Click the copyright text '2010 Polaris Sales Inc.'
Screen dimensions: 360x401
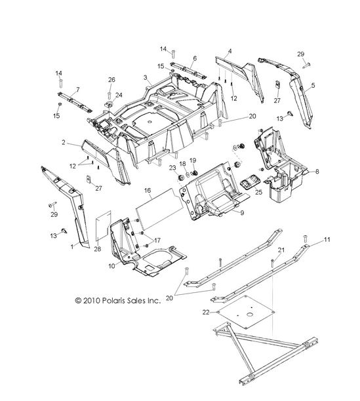(x=122, y=300)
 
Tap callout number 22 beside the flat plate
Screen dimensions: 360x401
(x=206, y=313)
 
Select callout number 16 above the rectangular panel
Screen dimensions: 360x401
(x=148, y=191)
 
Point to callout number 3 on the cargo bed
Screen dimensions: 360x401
(x=146, y=77)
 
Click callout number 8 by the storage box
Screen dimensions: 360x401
(x=317, y=172)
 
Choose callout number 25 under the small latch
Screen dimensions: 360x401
(x=258, y=192)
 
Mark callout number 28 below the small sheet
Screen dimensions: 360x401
(x=98, y=249)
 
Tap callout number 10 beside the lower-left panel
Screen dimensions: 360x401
(x=111, y=266)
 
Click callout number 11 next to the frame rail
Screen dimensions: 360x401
(x=327, y=240)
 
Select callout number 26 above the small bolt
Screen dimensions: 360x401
(x=111, y=80)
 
